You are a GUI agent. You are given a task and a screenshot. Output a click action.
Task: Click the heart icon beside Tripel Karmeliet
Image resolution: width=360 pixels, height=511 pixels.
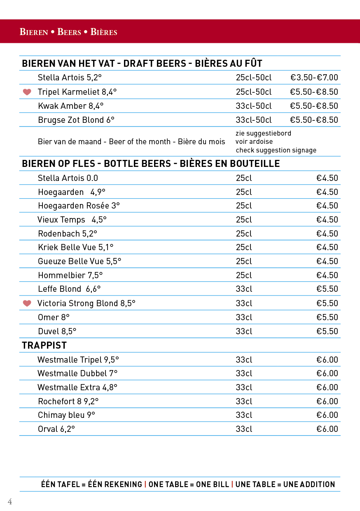pyautogui.click(x=27, y=92)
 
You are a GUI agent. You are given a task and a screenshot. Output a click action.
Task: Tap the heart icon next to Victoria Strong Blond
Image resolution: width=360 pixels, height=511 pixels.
pyautogui.click(x=27, y=303)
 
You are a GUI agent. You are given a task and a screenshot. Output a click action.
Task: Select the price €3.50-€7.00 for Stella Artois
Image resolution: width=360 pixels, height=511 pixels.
pyautogui.click(x=314, y=77)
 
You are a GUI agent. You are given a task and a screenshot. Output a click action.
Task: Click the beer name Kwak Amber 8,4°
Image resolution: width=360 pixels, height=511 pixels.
pyautogui.click(x=71, y=106)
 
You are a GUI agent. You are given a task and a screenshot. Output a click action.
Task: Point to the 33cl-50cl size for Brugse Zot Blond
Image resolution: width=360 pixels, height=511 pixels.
pyautogui.click(x=254, y=120)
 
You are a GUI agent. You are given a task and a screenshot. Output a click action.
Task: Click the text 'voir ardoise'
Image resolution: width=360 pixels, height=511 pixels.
pyautogui.click(x=254, y=142)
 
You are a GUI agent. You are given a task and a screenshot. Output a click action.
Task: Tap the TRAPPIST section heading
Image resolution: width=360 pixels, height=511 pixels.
pyautogui.click(x=44, y=345)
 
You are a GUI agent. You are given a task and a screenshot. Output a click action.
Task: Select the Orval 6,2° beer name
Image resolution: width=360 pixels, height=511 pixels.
pyautogui.click(x=56, y=429)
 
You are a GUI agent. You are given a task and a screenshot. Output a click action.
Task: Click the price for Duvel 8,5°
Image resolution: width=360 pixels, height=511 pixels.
pyautogui.click(x=327, y=331)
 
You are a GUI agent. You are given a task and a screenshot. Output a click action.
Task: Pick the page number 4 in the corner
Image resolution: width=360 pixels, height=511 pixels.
pyautogui.click(x=10, y=502)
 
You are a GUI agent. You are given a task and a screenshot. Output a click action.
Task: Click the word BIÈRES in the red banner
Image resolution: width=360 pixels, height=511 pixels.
pyautogui.click(x=104, y=32)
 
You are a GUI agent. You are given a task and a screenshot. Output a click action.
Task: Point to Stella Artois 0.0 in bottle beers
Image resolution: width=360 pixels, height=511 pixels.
pyautogui.click(x=68, y=178)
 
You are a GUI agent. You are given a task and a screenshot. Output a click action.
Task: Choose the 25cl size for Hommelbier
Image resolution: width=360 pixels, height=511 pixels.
pyautogui.click(x=244, y=275)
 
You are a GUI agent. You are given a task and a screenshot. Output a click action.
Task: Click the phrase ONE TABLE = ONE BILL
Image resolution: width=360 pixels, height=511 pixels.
pyautogui.click(x=189, y=484)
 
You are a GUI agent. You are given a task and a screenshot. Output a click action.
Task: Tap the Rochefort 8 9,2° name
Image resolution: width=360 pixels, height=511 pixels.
pyautogui.click(x=68, y=401)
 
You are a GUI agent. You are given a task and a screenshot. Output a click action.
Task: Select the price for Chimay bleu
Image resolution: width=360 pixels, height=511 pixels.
pyautogui.click(x=327, y=415)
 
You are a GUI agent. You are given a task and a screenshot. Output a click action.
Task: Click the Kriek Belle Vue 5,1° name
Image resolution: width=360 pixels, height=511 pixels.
pyautogui.click(x=75, y=247)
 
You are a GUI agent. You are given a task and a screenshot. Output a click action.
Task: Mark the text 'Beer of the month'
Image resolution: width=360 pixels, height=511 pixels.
pyautogui.click(x=140, y=142)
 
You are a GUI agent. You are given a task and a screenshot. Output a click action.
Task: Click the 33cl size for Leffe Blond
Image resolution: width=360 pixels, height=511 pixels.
pyautogui.click(x=244, y=289)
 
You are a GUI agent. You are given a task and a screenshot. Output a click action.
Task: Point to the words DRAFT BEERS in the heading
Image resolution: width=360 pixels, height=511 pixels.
pyautogui.click(x=154, y=63)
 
